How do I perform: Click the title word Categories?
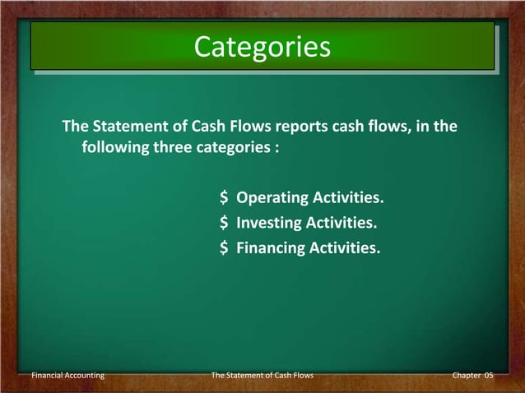click(x=262, y=47)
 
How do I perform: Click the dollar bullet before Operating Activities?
click(x=224, y=198)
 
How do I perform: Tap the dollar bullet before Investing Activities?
click(x=224, y=222)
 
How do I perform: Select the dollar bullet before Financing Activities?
click(x=224, y=246)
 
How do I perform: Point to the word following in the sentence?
click(x=112, y=149)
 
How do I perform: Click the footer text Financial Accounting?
click(x=67, y=375)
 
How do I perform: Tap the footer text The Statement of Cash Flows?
click(x=262, y=375)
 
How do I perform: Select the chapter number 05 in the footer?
click(x=489, y=375)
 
